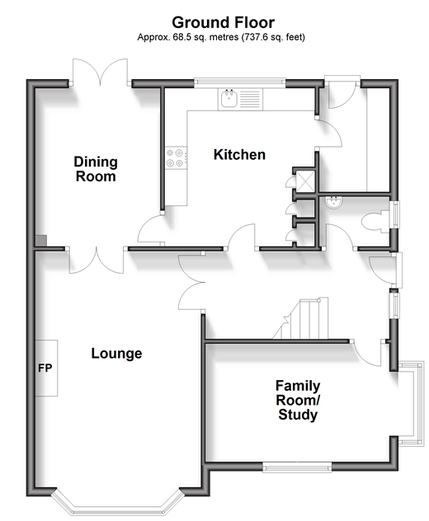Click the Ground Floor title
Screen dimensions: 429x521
click(223, 22)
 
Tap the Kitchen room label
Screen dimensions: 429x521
click(239, 154)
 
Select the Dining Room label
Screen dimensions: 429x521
click(96, 169)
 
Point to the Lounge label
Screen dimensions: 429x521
click(116, 354)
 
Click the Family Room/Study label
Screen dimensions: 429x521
click(298, 401)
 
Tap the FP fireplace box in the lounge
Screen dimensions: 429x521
click(46, 368)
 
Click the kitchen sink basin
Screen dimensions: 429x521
click(229, 98)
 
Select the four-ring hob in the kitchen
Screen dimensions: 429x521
click(176, 158)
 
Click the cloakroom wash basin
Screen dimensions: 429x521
click(333, 203)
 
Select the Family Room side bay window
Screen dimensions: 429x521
click(412, 404)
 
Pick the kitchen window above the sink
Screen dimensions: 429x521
click(240, 82)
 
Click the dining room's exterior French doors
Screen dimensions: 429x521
click(100, 72)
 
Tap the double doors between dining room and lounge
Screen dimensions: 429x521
click(97, 260)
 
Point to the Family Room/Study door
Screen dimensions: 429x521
click(367, 353)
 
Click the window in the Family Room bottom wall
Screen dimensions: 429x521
click(297, 468)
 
